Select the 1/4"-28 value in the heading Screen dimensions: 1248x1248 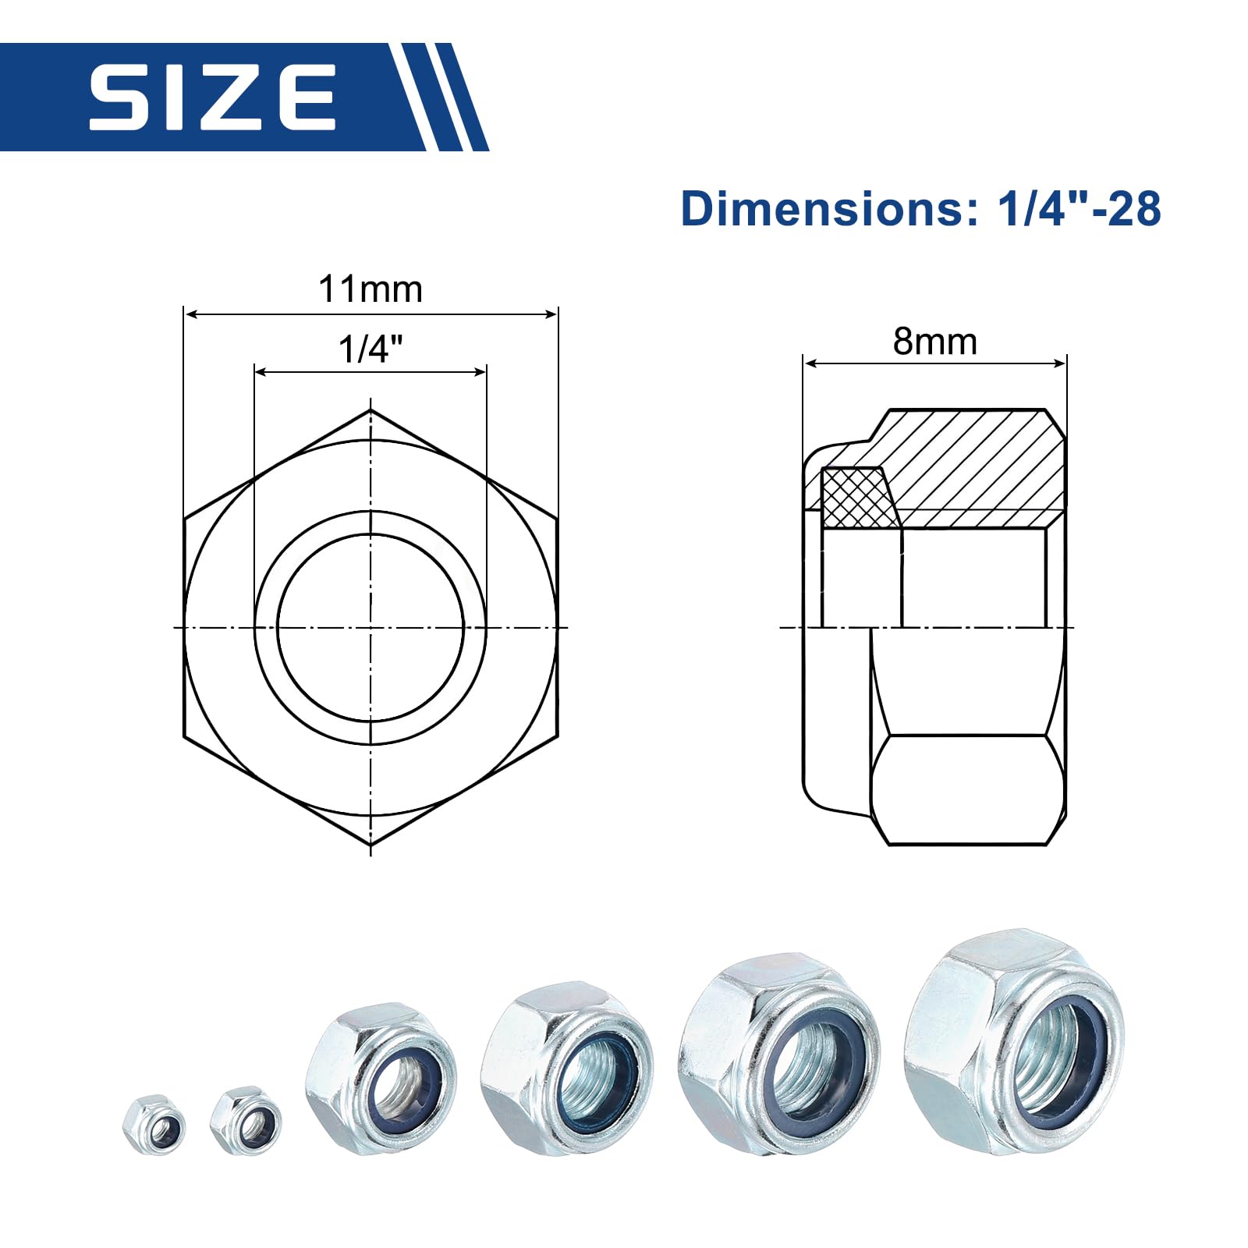[x=1080, y=209]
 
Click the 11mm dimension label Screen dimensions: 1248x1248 [x=370, y=289]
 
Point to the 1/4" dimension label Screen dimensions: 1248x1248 [x=370, y=349]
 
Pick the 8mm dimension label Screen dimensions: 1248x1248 [x=934, y=342]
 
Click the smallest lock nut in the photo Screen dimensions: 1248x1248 [x=154, y=1124]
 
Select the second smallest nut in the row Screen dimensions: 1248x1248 [x=245, y=1121]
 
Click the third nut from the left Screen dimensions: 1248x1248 [x=381, y=1078]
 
